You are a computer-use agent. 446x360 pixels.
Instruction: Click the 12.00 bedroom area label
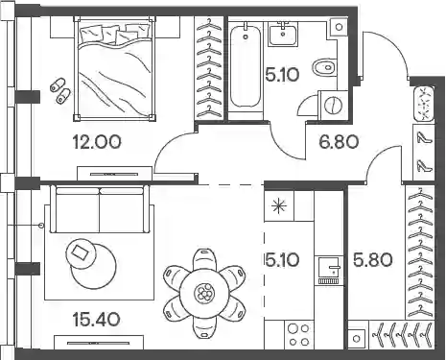pos(97,142)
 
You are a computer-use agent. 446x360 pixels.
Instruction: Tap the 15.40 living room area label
pos(97,319)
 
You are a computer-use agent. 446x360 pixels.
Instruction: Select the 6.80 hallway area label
pos(339,142)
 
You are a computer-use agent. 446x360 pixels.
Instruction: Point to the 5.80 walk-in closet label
pos(373,259)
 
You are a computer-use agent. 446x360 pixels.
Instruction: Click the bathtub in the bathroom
pos(246,66)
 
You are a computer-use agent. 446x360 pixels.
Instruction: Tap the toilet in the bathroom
pos(324,67)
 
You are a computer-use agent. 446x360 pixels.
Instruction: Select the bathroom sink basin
pos(283,34)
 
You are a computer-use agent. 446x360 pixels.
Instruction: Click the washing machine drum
pos(333,105)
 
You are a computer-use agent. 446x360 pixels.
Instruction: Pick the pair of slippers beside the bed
pos(60,91)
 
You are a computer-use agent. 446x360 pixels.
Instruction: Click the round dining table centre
pos(204,293)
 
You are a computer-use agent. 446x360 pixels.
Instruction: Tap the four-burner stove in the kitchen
pos(299,335)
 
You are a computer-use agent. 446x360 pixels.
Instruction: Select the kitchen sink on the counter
pos(329,270)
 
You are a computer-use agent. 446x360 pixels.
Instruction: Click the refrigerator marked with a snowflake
pos(279,205)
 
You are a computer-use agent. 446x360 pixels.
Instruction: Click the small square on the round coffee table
pos(80,252)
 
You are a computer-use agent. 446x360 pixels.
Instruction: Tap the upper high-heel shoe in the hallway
pos(424,137)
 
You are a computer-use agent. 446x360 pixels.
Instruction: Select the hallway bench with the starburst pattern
pos(424,104)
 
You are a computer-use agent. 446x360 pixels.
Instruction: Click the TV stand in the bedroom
pos(115,174)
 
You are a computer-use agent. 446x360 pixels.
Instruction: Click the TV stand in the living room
pos(99,342)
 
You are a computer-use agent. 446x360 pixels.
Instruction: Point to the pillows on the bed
pos(115,34)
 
